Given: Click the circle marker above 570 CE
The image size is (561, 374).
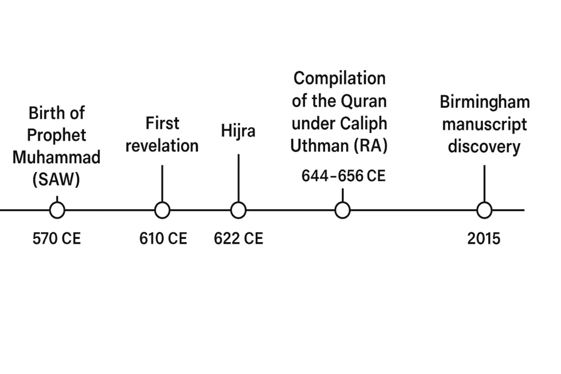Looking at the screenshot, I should [57, 210].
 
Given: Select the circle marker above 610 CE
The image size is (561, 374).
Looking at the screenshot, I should [162, 210].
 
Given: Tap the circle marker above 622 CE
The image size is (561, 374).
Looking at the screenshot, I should [238, 210].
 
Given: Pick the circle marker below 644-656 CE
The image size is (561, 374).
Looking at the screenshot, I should [342, 210].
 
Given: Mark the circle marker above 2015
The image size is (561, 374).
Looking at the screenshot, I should [484, 210].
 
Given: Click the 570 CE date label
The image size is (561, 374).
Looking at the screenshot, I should [57, 239].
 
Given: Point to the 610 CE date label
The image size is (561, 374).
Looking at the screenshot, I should [163, 239].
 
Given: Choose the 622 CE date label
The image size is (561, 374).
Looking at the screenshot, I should [238, 239].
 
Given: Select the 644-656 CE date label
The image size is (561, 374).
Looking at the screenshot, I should [344, 176].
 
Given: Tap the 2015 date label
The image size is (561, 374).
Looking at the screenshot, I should [484, 239].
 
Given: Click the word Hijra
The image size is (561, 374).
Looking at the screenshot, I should [238, 132].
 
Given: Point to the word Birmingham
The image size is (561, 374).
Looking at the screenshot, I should [485, 102].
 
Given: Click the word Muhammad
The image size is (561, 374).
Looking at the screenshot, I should [57, 158].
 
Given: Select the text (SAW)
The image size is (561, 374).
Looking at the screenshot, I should [56, 180].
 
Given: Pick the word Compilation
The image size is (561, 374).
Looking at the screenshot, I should [340, 78].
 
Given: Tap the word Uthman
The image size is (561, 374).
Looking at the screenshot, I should [318, 146].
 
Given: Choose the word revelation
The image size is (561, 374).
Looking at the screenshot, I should [162, 146].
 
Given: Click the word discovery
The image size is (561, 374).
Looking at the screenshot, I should [484, 147].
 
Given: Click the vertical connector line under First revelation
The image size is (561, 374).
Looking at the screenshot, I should [162, 183].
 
